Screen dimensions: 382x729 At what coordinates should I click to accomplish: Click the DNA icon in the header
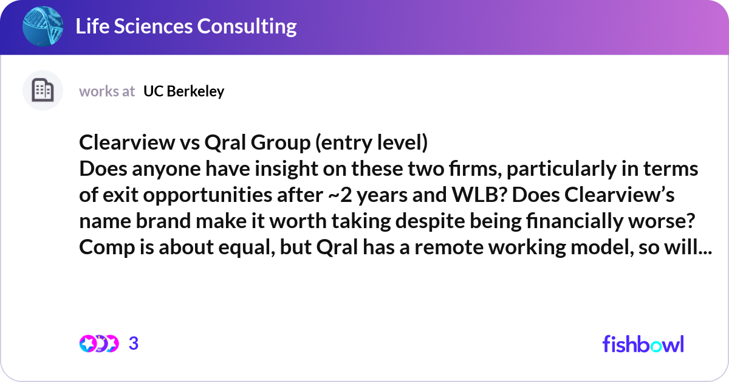click(43, 26)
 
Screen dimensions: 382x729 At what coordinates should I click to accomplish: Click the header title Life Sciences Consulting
click(186, 27)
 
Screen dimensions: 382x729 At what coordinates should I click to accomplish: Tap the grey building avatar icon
click(43, 91)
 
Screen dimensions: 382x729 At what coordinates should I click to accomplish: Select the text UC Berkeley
click(183, 91)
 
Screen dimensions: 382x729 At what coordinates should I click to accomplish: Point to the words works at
click(107, 91)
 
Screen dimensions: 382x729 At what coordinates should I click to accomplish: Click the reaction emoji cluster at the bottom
click(99, 344)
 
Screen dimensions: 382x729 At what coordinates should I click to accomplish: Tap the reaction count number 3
click(134, 344)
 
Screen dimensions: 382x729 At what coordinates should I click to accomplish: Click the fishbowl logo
click(643, 344)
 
